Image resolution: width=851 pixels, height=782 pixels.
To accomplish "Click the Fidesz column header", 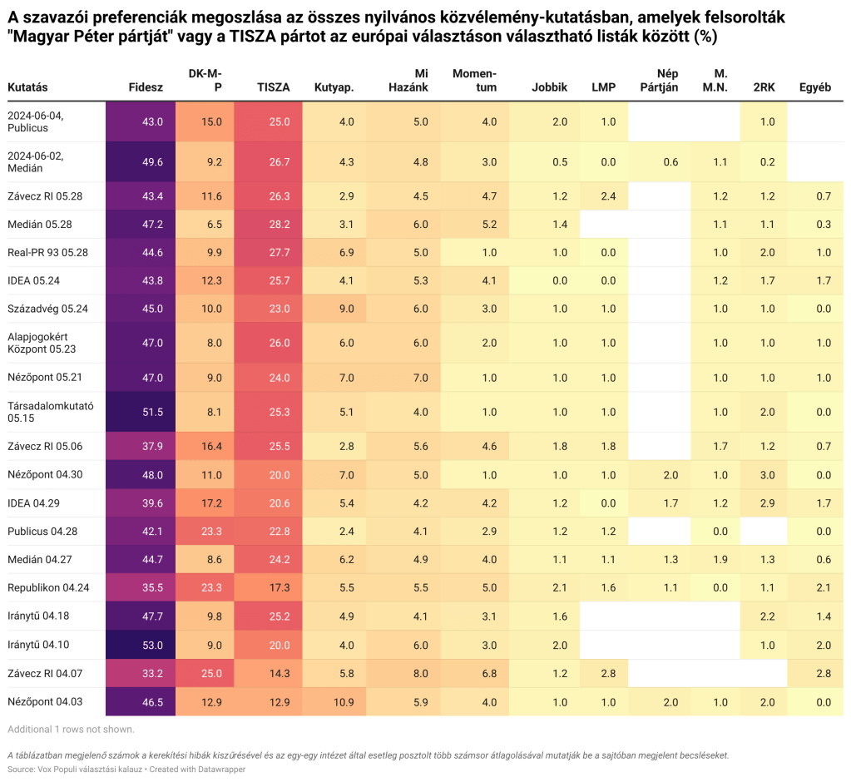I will tap(146, 87).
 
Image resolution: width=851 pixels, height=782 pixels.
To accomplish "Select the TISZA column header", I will tap(274, 87).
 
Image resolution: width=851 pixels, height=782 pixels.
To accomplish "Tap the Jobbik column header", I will tap(549, 87).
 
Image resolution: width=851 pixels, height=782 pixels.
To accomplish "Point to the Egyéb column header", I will tap(814, 87).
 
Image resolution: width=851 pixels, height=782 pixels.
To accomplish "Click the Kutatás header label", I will tap(27, 87).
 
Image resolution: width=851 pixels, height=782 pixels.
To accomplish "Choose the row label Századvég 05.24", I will tap(47, 309).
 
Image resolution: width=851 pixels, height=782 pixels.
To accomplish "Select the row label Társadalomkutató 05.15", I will tap(51, 412).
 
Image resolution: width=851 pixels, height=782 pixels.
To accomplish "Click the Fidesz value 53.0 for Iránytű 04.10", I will tap(152, 645).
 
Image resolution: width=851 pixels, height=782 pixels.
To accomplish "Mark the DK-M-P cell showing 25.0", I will tap(212, 673).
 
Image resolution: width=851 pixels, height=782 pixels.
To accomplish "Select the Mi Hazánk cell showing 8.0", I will tap(420, 673).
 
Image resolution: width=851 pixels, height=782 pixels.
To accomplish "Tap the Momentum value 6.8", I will tap(489, 673).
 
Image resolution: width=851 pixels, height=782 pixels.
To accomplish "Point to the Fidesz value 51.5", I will tap(152, 412).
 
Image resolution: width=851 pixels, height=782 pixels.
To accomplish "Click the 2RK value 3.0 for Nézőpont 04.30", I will tap(767, 475).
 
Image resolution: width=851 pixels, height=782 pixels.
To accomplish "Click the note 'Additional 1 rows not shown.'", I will tap(71, 730).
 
